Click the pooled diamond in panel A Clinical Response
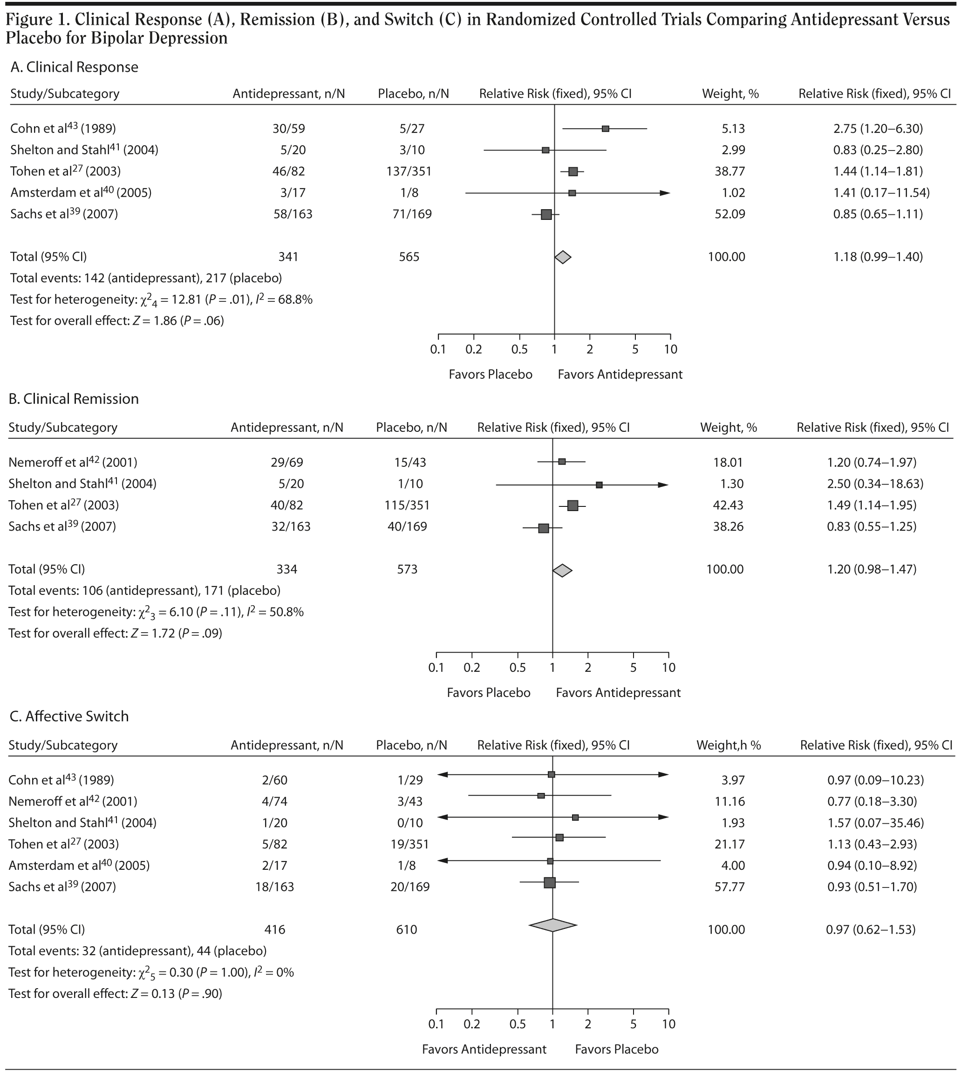[562, 257]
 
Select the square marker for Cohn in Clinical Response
[606, 129]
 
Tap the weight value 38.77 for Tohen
[733, 171]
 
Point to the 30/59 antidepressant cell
[289, 128]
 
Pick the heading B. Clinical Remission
[74, 399]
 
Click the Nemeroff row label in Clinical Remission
[73, 463]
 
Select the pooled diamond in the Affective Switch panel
[552, 925]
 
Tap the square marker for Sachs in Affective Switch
[550, 882]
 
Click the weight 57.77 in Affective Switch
[729, 887]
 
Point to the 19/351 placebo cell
[407, 844]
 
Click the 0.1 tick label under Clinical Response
[438, 349]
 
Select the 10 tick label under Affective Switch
[668, 1024]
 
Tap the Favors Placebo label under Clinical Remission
[489, 693]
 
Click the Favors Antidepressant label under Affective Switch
[484, 1049]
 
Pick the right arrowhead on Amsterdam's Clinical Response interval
[665, 193]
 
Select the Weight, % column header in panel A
[730, 94]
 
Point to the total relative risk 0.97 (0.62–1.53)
[870, 929]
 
